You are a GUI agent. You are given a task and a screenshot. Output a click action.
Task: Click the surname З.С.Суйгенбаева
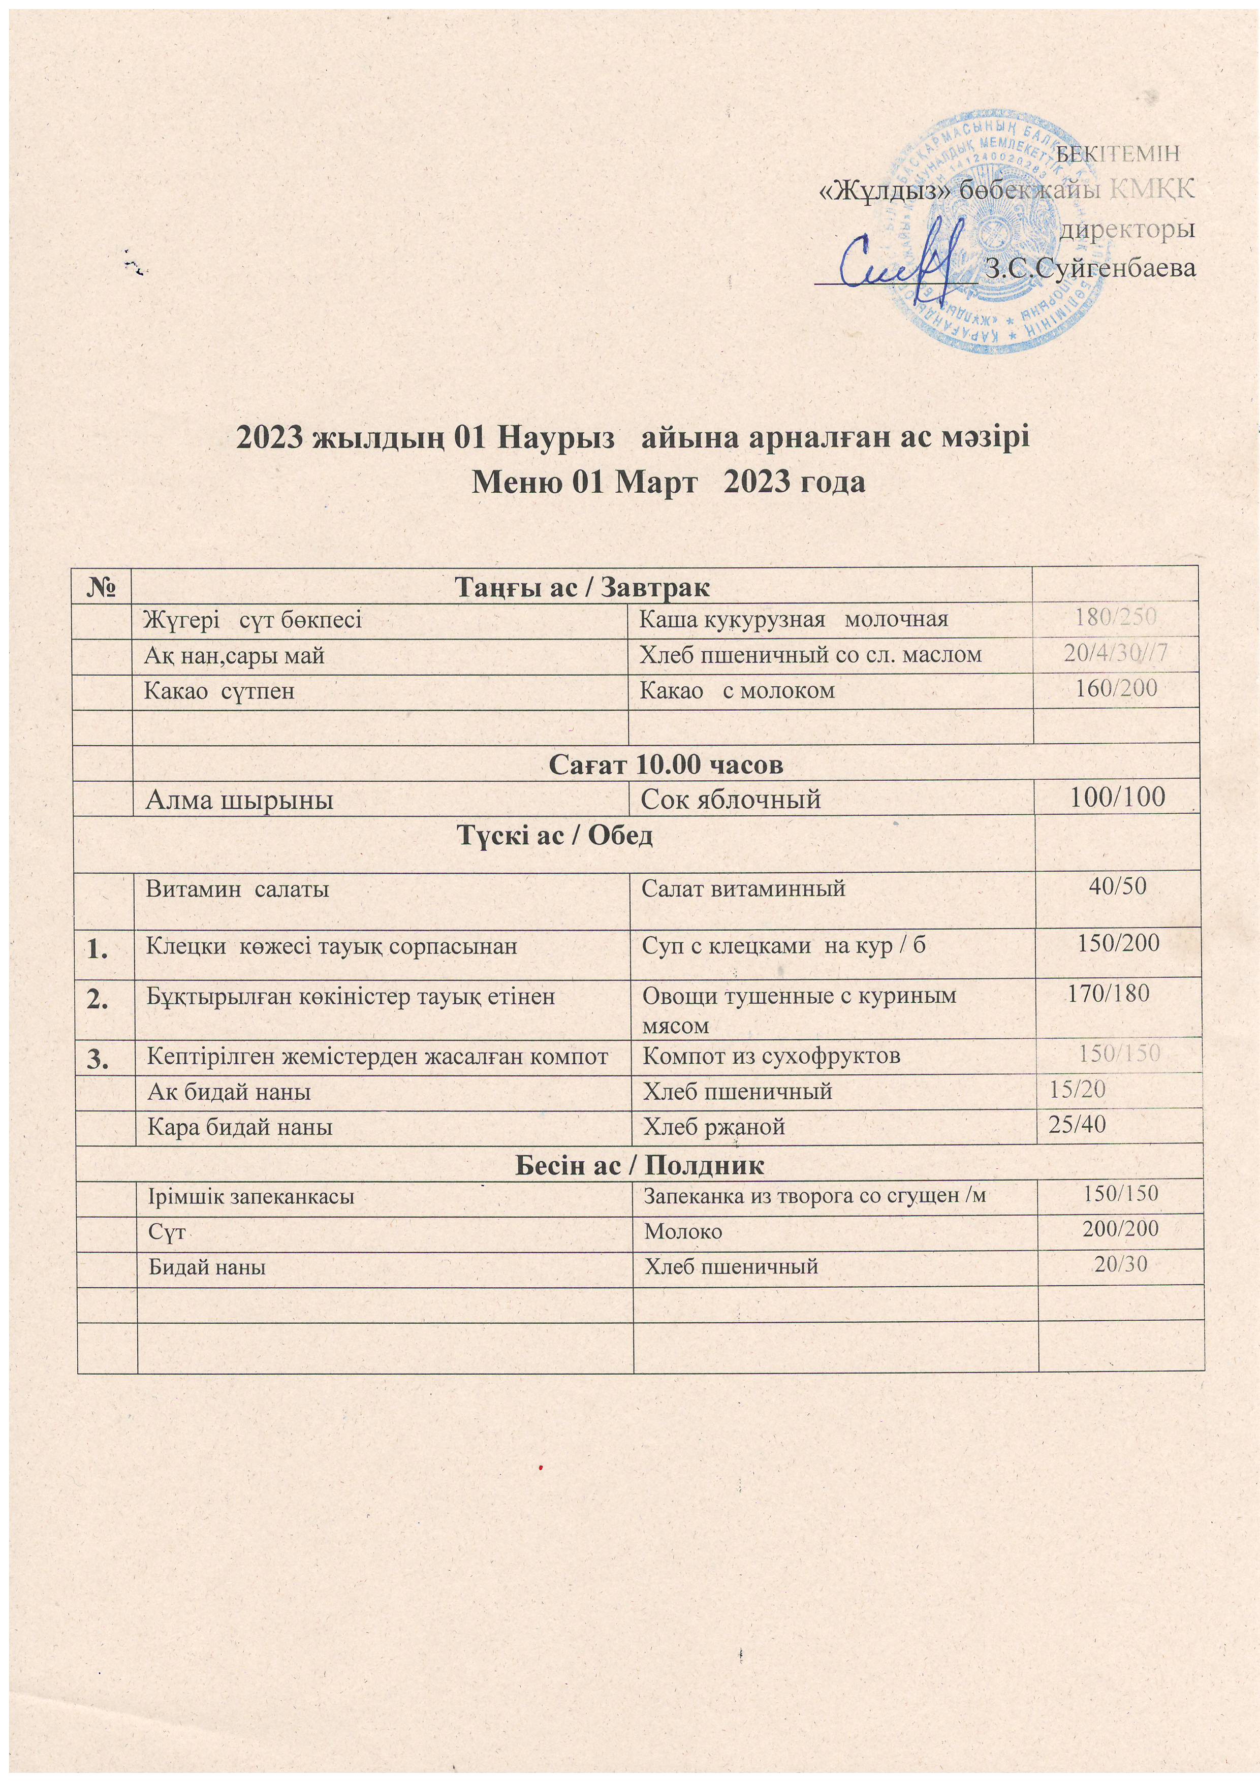pyautogui.click(x=1088, y=269)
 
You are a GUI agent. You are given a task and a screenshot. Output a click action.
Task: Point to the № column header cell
pyautogui.click(x=104, y=586)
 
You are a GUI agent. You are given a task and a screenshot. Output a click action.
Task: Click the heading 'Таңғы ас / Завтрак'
pyautogui.click(x=581, y=587)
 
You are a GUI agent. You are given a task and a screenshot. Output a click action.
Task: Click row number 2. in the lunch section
pyautogui.click(x=99, y=1001)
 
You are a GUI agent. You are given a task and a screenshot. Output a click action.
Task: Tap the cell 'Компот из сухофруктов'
pyautogui.click(x=772, y=1056)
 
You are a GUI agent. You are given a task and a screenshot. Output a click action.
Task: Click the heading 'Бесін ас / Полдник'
pyautogui.click(x=641, y=1164)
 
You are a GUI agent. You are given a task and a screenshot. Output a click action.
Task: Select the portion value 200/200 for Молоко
pyautogui.click(x=1120, y=1228)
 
